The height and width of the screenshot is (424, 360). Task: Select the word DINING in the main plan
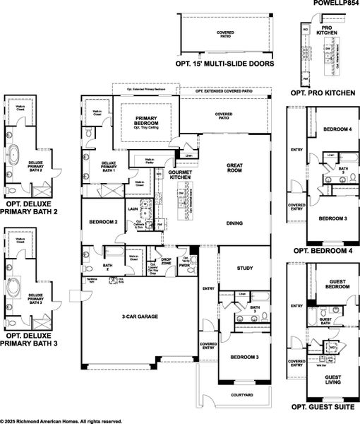pos(234,223)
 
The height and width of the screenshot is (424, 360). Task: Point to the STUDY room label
pos(244,269)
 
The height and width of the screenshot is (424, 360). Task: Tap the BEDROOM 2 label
pos(103,223)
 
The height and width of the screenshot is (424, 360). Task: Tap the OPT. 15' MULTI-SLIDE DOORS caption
pos(224,62)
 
